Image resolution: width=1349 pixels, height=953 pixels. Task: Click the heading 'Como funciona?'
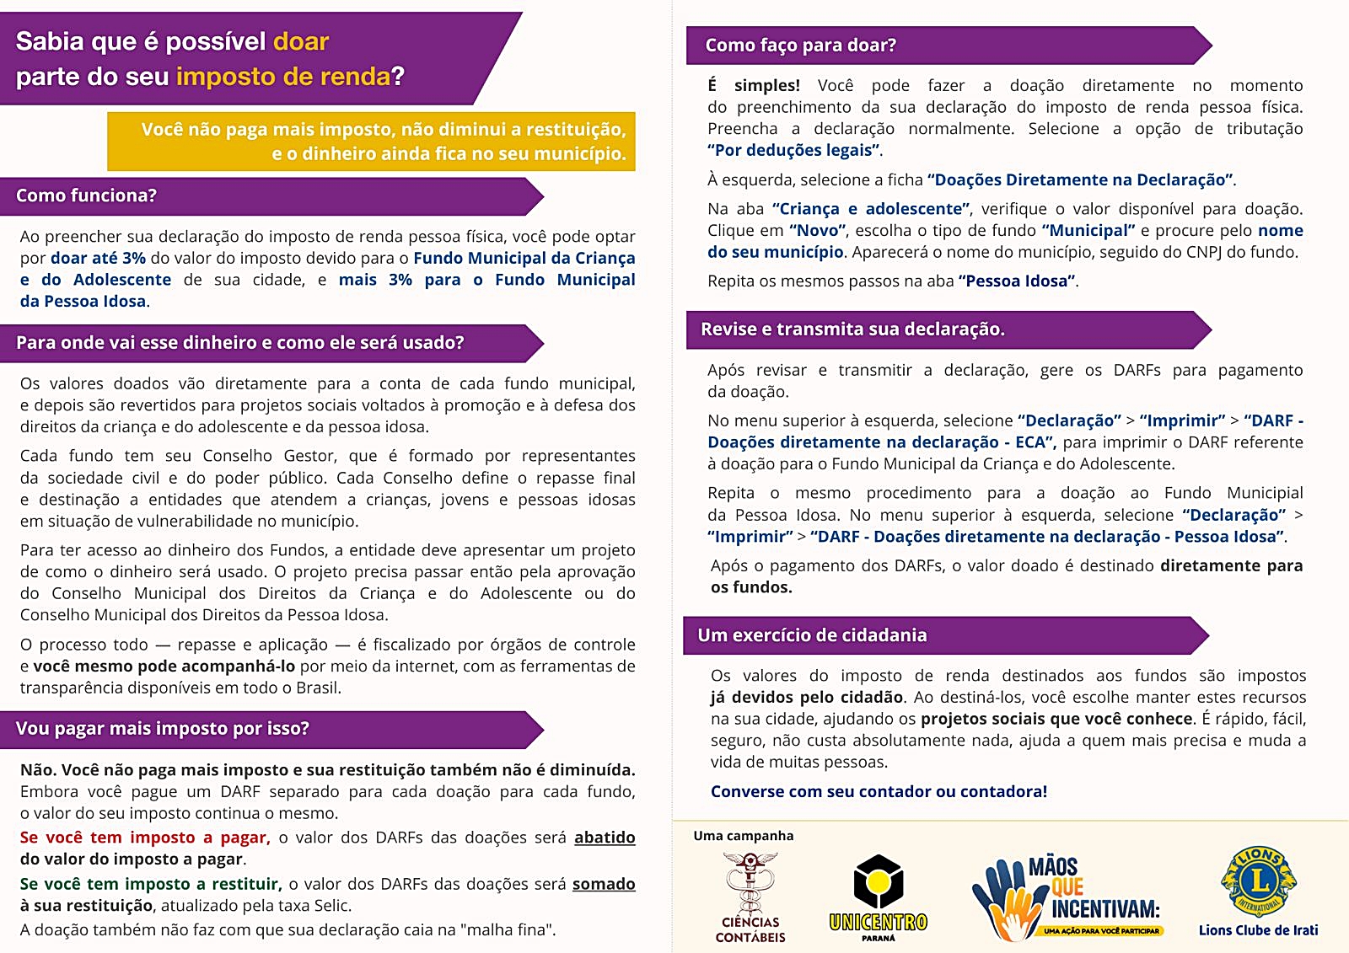point(86,195)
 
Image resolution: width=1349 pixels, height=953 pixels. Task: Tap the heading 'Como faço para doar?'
point(800,46)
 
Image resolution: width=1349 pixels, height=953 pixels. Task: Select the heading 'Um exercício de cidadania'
point(812,635)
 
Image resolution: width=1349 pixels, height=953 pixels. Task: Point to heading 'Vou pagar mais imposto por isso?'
point(162,729)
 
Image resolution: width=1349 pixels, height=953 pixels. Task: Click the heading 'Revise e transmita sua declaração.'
point(852,329)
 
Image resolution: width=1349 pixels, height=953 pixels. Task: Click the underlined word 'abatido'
point(605,838)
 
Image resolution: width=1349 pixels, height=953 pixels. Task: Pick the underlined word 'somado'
point(604,884)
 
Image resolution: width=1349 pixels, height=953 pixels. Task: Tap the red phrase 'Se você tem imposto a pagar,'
point(145,838)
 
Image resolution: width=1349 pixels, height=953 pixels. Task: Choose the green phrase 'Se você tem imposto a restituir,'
point(150,884)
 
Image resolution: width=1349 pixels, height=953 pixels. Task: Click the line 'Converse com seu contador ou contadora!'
point(879,791)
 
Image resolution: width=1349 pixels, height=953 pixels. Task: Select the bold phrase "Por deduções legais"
point(794,150)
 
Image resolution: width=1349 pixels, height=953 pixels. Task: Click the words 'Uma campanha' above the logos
point(743,836)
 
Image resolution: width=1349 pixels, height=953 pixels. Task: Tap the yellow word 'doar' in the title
point(301,41)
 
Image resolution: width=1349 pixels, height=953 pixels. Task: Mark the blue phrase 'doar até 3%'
point(98,258)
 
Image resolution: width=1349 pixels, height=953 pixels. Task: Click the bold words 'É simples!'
point(754,85)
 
